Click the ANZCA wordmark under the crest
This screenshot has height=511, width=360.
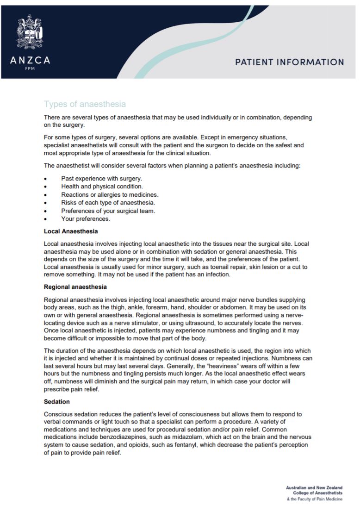tap(30, 60)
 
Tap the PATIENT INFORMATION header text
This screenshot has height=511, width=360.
tap(289, 62)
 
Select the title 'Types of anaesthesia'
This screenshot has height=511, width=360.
tap(85, 104)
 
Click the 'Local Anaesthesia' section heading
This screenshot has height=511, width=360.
tap(71, 231)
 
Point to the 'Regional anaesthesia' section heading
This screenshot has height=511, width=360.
tap(75, 287)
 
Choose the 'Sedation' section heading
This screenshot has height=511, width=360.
tap(57, 401)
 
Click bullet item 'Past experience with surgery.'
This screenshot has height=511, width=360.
tap(101, 178)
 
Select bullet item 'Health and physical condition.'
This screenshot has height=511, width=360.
tap(102, 187)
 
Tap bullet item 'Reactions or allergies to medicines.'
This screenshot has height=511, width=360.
tap(110, 194)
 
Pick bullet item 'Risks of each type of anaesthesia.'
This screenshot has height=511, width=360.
tap(108, 203)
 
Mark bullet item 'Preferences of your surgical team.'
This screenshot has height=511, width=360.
tap(108, 211)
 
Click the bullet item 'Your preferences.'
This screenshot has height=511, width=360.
tap(86, 219)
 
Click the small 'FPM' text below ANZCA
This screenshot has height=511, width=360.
tap(30, 69)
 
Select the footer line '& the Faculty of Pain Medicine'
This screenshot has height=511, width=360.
tap(315, 500)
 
